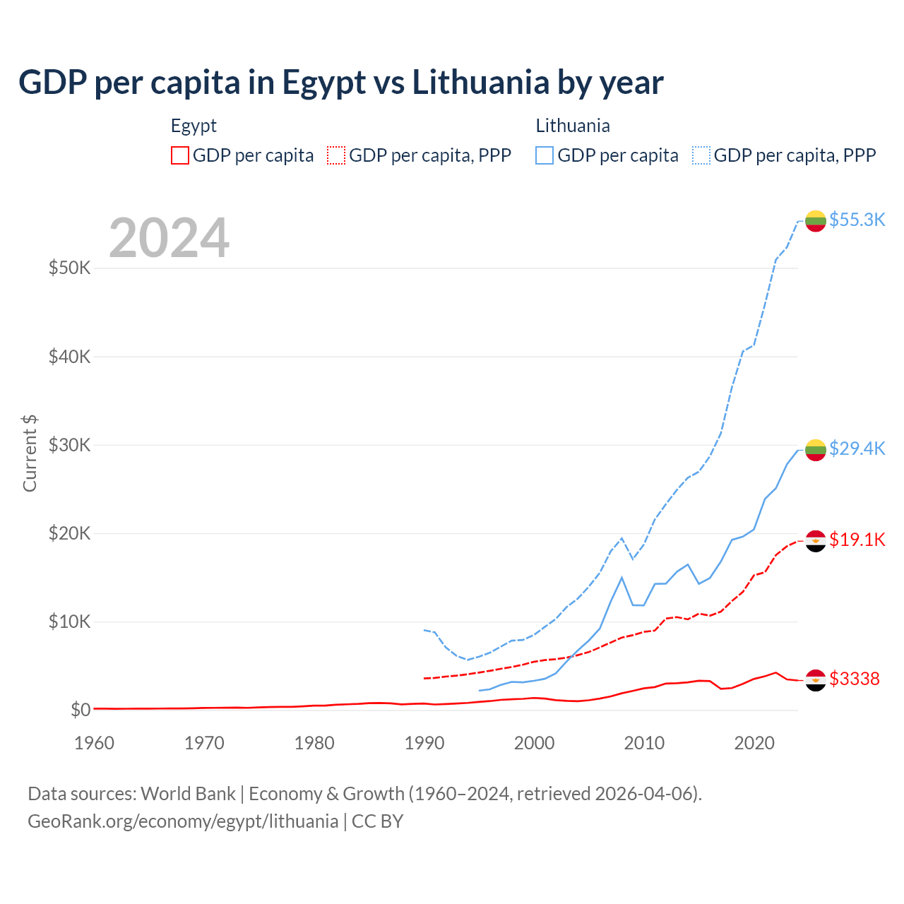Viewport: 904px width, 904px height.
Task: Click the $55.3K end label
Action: coord(857,220)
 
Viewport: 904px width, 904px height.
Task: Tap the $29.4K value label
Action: coord(857,448)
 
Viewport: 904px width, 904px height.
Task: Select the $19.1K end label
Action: coord(857,540)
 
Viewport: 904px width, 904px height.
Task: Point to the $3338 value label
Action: coord(855,679)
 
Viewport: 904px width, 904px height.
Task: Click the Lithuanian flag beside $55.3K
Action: coord(816,220)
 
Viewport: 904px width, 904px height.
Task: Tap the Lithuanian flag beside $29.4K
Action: coord(816,449)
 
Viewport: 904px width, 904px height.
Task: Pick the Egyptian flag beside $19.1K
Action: coord(816,540)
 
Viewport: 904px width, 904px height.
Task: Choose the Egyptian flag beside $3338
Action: coord(816,679)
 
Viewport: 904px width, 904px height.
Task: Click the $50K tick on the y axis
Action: coord(69,268)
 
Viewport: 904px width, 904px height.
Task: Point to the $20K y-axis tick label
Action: coord(69,533)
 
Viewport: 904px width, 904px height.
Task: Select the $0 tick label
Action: coord(81,710)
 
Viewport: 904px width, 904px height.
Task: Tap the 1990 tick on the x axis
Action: coord(424,743)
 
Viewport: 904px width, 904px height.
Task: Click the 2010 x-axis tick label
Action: coord(644,743)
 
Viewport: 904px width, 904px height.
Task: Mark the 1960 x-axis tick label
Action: coord(95,743)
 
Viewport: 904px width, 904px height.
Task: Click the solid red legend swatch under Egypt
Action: coord(180,155)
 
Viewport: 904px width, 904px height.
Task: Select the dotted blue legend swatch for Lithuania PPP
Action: coord(701,155)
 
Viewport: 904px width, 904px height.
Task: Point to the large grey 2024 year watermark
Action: coord(169,238)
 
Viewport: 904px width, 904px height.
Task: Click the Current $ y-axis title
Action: coord(30,453)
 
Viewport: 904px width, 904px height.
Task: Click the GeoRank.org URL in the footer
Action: coord(183,821)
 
